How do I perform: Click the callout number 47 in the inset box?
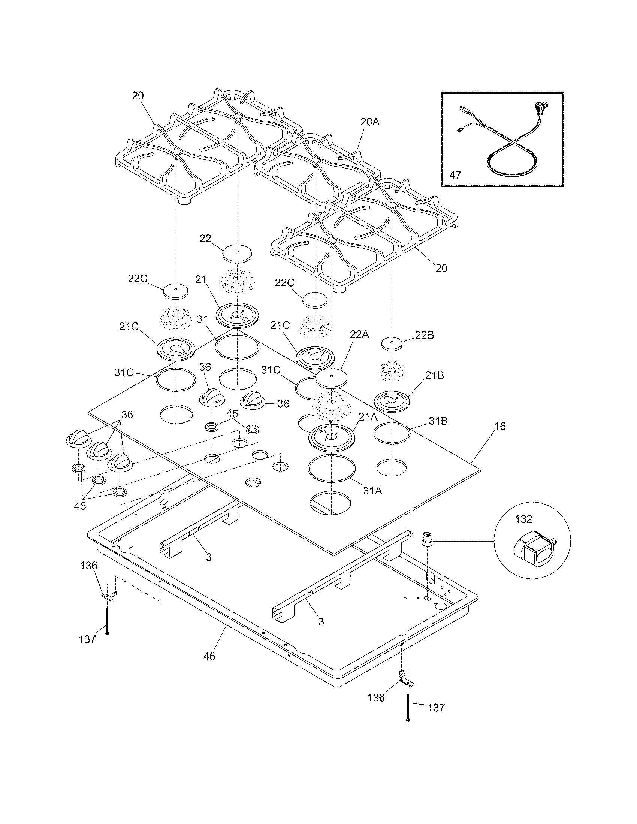click(456, 175)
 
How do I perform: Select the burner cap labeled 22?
click(236, 252)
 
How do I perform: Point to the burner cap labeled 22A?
click(331, 378)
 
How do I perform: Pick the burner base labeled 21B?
click(392, 401)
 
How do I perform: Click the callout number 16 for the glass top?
click(500, 426)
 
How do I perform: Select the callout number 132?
click(523, 519)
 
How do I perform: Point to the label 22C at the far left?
click(138, 278)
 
